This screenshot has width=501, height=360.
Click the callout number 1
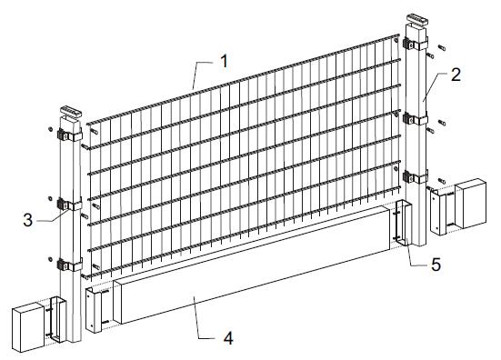pyautogui.click(x=225, y=61)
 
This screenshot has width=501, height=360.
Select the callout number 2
pyautogui.click(x=456, y=75)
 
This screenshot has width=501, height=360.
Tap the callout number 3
pyautogui.click(x=28, y=220)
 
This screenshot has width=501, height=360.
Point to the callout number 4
pyautogui.click(x=228, y=338)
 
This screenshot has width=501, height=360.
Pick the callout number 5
pyautogui.click(x=436, y=265)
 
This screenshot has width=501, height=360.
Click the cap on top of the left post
pyautogui.click(x=71, y=112)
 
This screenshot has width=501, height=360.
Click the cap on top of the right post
pyautogui.click(x=416, y=20)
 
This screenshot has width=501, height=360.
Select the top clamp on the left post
pyautogui.click(x=69, y=135)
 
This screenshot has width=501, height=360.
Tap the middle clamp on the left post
pyautogui.click(x=69, y=205)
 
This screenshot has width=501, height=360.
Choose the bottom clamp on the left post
pyautogui.click(x=69, y=265)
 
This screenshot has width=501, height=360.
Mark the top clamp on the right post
pyautogui.click(x=415, y=44)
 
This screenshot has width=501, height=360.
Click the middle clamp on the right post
pyautogui.click(x=415, y=118)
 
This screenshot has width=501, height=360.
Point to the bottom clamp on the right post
pyautogui.click(x=415, y=176)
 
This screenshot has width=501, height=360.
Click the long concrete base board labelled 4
pyautogui.click(x=253, y=265)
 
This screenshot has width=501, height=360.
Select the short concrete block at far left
pyautogui.click(x=28, y=327)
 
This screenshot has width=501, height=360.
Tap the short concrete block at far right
pyautogui.click(x=471, y=204)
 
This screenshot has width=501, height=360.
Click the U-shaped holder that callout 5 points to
pyautogui.click(x=404, y=223)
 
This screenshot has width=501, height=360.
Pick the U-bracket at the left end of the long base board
pyautogui.click(x=94, y=309)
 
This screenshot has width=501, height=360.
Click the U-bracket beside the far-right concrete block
pyautogui.click(x=438, y=212)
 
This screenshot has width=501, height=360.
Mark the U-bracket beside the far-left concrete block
pyautogui.click(x=58, y=319)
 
